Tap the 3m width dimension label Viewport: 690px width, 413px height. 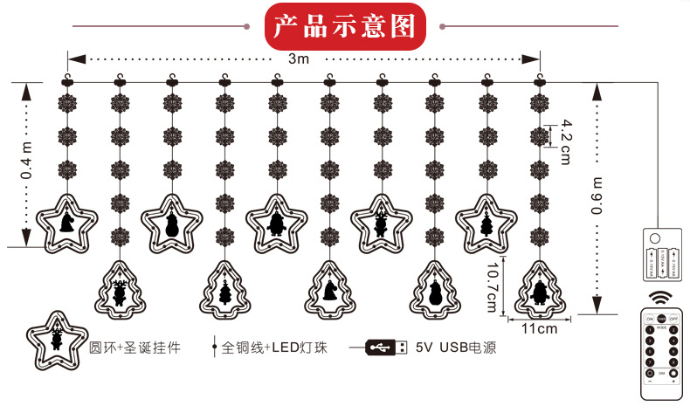coord(300,59)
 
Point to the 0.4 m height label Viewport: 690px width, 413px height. coord(26,162)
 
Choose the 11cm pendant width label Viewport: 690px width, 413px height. coord(539,329)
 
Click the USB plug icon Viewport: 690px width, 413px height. coord(385,348)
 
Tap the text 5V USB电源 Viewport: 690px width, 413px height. coord(456,348)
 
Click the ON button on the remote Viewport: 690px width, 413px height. coord(651,319)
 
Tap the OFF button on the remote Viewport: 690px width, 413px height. coord(673,319)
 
